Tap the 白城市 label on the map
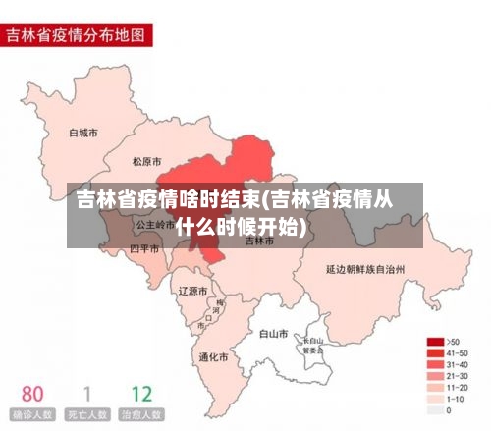(83, 132)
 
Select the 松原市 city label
(148, 161)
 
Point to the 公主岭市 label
(154, 224)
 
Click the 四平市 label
(144, 249)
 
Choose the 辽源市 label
(192, 291)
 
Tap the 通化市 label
(213, 357)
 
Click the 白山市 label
(273, 334)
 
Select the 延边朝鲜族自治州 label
(365, 267)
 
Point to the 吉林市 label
(260, 241)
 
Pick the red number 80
(32, 394)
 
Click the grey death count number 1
(86, 394)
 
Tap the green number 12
(141, 394)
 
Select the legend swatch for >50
(434, 341)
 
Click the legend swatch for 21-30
(434, 375)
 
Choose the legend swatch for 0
(434, 409)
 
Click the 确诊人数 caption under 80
(32, 415)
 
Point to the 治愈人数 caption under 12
(141, 415)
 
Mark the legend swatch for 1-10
(434, 398)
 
